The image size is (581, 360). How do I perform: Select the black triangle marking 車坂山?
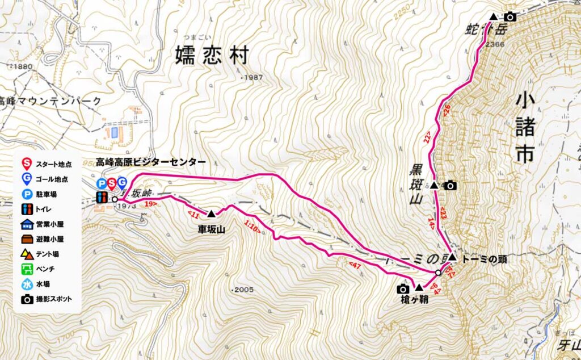(211, 214)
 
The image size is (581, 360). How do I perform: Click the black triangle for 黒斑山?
(434, 185)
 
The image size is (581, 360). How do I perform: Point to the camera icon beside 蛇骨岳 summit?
(510, 16)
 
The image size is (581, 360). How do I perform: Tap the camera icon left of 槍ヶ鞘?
(403, 288)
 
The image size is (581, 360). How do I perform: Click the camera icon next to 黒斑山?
(451, 185)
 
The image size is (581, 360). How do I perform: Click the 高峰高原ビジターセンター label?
(151, 162)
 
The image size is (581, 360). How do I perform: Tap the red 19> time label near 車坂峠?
(150, 203)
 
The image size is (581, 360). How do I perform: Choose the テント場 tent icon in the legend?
(27, 254)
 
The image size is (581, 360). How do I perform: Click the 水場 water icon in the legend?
(27, 284)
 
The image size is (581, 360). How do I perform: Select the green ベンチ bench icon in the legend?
(27, 269)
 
